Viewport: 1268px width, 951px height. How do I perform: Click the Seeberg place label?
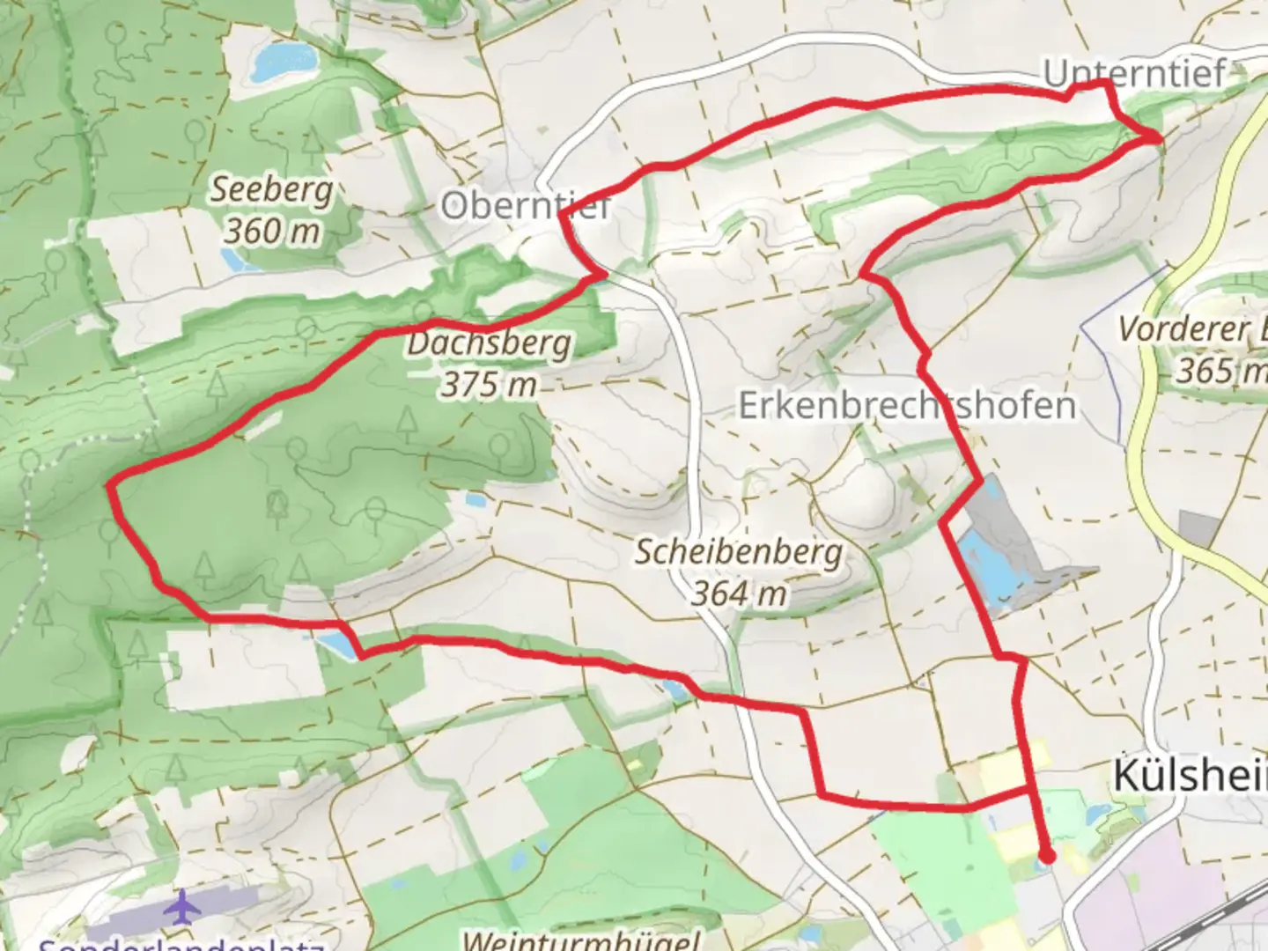point(271,190)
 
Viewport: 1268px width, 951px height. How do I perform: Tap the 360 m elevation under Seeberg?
point(271,232)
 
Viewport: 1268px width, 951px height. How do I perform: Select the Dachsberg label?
point(489,343)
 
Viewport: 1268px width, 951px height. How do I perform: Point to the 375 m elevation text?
point(489,385)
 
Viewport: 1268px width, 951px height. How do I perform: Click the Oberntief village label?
point(526,207)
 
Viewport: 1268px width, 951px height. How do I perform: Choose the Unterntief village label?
point(1134,73)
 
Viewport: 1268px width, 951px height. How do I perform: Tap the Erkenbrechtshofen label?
point(907,406)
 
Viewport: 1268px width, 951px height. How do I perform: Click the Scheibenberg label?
point(738,552)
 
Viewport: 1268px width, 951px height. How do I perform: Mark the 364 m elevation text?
point(738,593)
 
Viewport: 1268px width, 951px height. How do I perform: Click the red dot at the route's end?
point(1047,855)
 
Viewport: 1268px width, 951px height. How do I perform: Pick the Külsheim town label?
point(1189,776)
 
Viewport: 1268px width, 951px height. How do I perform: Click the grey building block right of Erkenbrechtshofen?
point(1198,527)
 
